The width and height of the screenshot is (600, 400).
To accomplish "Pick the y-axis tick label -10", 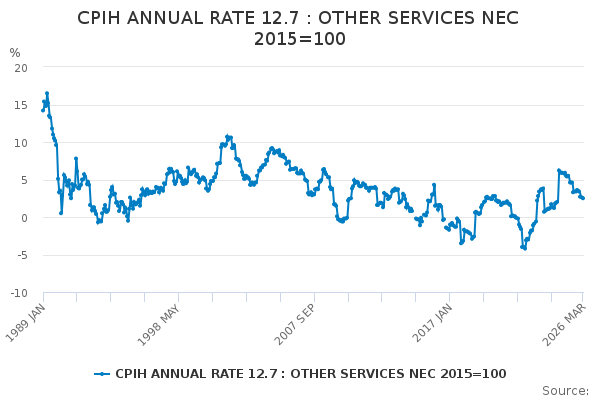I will click(x=19, y=293).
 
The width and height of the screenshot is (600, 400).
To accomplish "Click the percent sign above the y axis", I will click(x=15, y=53).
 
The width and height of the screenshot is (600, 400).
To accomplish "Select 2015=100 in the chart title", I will click(x=299, y=39).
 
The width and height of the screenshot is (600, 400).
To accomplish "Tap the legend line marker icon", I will click(x=102, y=374).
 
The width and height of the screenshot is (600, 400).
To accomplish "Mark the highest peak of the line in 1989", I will click(x=46, y=93).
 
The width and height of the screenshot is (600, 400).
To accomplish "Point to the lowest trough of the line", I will click(x=524, y=247).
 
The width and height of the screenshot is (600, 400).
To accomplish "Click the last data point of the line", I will click(x=582, y=198).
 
